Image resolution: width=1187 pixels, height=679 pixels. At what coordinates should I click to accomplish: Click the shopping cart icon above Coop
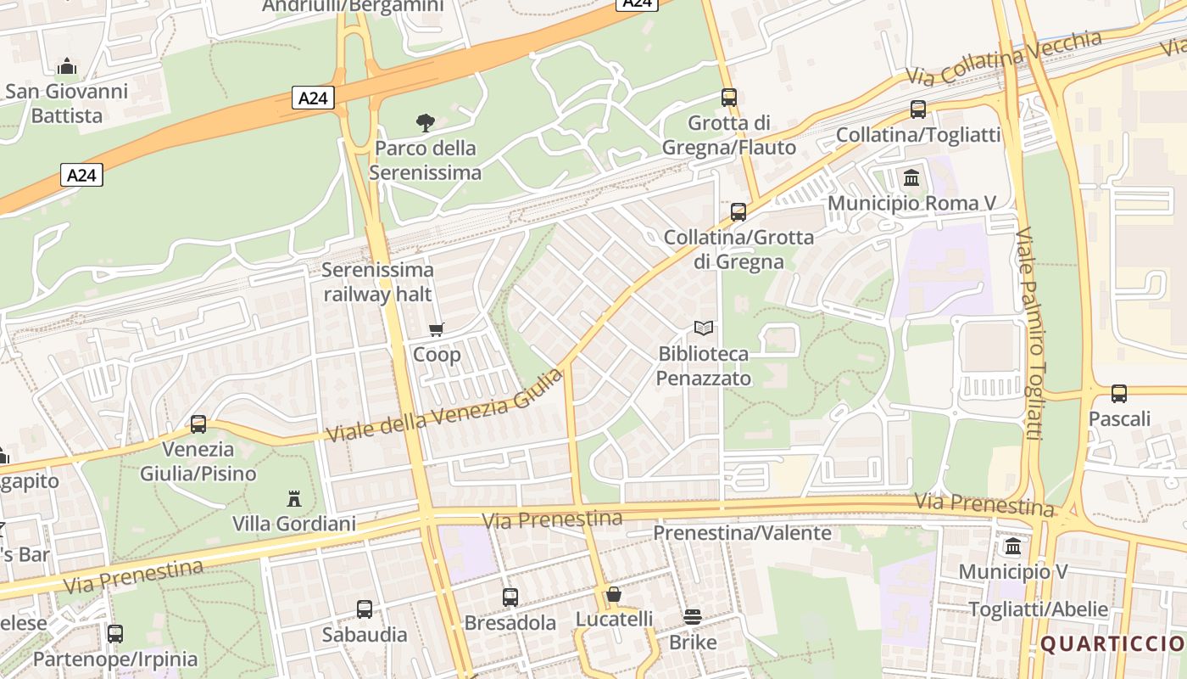[x=437, y=329]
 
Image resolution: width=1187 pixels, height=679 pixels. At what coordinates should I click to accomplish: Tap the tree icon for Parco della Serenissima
[x=426, y=123]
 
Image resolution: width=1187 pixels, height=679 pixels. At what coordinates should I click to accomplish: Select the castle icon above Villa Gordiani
[x=294, y=498]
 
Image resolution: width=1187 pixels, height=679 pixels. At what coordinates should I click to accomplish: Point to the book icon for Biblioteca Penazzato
[x=704, y=328]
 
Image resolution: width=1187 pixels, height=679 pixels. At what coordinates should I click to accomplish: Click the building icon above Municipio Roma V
[x=912, y=177]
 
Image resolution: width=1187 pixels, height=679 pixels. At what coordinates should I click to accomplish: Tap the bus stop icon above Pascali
[x=1119, y=394]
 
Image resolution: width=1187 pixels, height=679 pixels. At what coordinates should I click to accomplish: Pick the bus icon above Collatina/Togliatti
[x=918, y=109]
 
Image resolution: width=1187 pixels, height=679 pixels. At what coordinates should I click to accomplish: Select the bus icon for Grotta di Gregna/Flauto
[x=729, y=98]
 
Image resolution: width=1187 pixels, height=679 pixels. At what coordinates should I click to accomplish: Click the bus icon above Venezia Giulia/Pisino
[x=198, y=424]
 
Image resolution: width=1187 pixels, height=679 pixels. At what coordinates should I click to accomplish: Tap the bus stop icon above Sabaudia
[x=365, y=609]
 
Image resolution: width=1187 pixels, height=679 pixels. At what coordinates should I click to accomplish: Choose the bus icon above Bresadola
[x=510, y=598]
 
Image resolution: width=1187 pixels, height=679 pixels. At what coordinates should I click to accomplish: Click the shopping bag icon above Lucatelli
[x=614, y=594]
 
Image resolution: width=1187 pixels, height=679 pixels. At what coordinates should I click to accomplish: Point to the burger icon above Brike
[x=693, y=617]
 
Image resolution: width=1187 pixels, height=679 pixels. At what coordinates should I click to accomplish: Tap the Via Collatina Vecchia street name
[x=1005, y=57]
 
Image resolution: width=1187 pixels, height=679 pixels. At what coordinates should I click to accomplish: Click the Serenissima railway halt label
[x=378, y=282]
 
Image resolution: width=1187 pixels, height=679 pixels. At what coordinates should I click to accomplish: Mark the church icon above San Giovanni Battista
[x=67, y=66]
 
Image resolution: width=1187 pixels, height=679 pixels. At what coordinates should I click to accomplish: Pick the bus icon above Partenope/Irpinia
[x=115, y=633]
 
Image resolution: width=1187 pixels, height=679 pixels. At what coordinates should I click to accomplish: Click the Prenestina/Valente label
[x=742, y=534]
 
